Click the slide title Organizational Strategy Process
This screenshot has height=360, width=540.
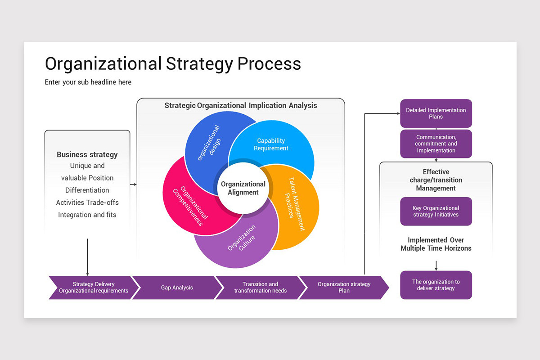tap(173, 63)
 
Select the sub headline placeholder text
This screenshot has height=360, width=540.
tap(88, 82)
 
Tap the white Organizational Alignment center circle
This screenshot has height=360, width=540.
tap(243, 188)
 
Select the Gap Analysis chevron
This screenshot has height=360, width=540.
tap(177, 288)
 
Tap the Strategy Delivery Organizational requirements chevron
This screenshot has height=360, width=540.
tap(94, 288)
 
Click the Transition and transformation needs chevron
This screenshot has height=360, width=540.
tap(260, 288)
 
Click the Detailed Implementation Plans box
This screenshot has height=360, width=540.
tap(436, 113)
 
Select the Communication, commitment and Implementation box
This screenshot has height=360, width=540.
tap(436, 144)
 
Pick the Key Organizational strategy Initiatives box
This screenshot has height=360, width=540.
tap(436, 211)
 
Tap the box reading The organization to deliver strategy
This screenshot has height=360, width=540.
tap(436, 285)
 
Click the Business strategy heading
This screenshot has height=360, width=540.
tap(87, 155)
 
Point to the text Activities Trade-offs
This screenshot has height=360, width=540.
tap(87, 202)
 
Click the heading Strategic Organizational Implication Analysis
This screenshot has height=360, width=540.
tap(241, 106)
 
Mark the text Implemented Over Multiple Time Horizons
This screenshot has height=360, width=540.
tap(436, 244)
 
